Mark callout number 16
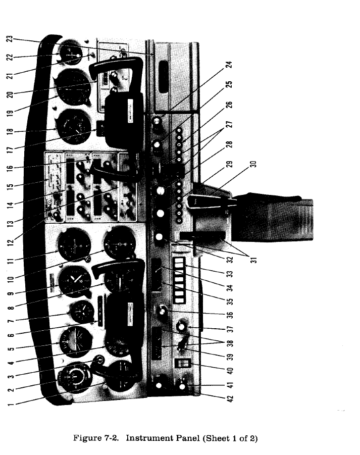point(8,167)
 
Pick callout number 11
point(8,260)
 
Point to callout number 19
point(8,111)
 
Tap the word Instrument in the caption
point(148,438)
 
